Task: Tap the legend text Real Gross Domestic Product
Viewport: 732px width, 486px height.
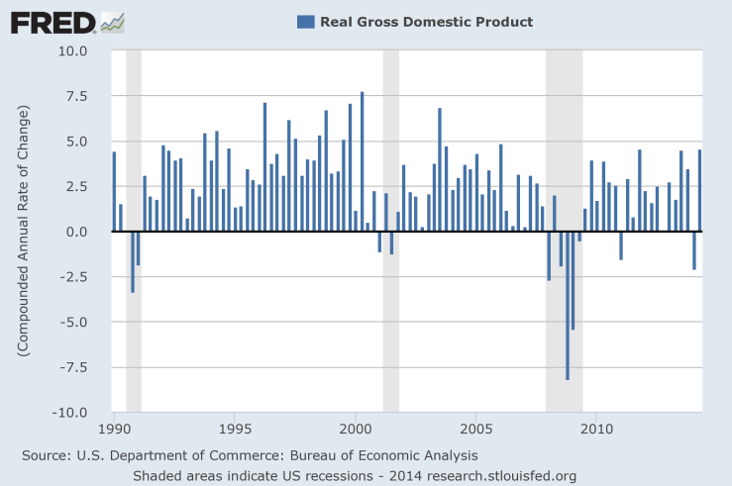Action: click(426, 22)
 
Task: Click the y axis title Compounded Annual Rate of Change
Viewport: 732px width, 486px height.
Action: click(23, 230)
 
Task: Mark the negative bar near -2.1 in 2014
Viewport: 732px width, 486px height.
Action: click(694, 250)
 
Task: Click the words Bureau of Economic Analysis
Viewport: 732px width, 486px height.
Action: click(394, 455)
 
